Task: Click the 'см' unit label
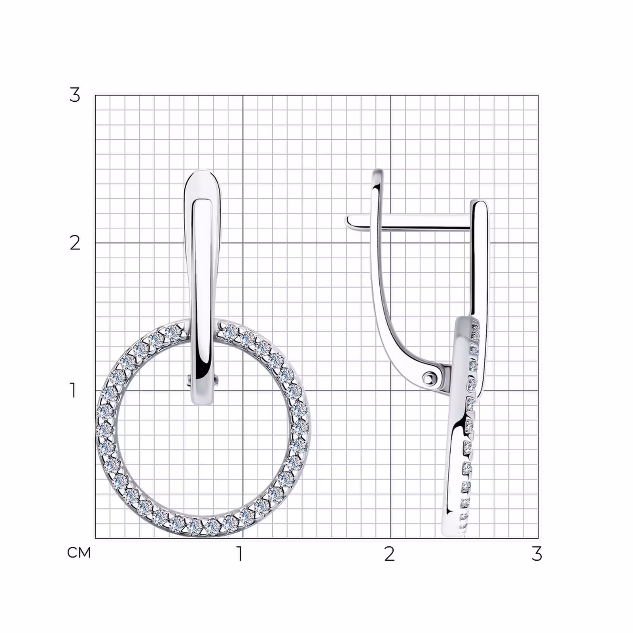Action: point(79,553)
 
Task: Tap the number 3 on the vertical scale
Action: point(74,95)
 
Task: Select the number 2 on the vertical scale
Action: point(75,243)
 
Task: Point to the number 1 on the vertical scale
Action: point(73,390)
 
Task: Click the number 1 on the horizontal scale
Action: point(239,554)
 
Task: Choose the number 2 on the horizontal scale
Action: point(389,554)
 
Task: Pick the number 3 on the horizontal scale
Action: point(536,554)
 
